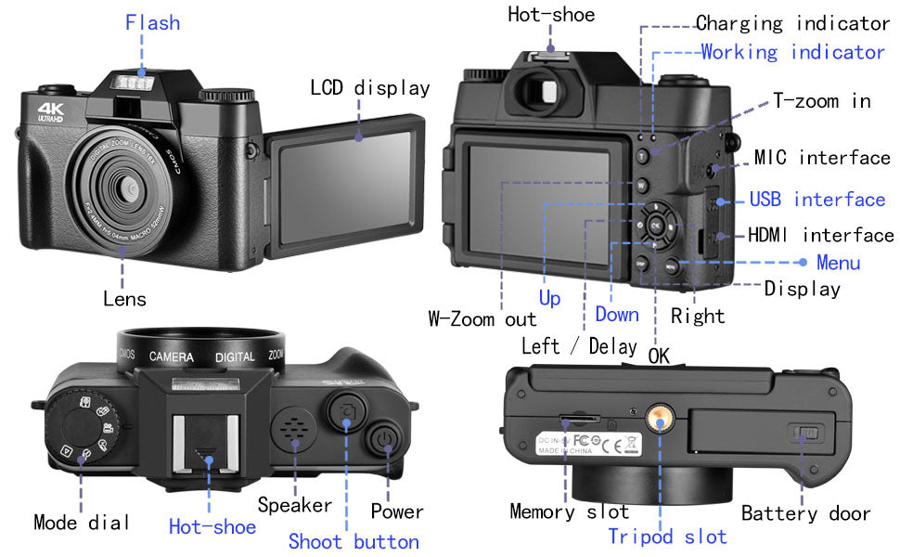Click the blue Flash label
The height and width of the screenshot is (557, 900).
pos(152,22)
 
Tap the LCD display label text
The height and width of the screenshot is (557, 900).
pos(369,88)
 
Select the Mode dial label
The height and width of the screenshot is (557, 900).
pos(81,522)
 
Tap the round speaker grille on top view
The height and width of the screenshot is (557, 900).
pos(295,429)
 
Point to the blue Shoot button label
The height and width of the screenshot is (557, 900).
pos(353,541)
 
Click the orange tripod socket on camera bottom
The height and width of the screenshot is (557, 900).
pos(660,421)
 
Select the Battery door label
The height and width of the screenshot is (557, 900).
pos(805,513)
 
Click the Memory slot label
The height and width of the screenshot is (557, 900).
pos(569,512)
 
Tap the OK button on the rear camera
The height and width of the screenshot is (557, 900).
pos(656,226)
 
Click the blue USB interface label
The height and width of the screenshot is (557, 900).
pos(816,200)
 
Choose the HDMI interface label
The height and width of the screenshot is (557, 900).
pos(820,235)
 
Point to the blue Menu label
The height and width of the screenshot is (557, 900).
pos(838,263)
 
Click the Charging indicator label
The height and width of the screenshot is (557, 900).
pos(792,23)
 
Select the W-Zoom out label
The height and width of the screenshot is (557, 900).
pos(482,318)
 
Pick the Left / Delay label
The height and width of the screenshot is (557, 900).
pos(578,346)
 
